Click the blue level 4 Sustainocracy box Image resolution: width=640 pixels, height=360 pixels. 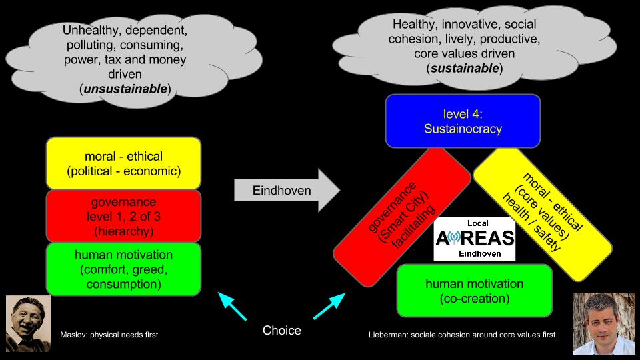pyautogui.click(x=463, y=121)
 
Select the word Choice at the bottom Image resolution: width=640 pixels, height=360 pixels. pyautogui.click(x=281, y=331)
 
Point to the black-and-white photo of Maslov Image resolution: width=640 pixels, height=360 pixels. pyautogui.click(x=28, y=324)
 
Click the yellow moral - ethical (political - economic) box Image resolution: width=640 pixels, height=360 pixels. pyautogui.click(x=124, y=163)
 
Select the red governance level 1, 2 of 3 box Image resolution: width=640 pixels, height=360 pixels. pyautogui.click(x=124, y=217)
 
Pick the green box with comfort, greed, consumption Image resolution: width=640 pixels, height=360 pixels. pyautogui.click(x=124, y=269)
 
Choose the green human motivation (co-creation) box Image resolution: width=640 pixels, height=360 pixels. pyautogui.click(x=475, y=291)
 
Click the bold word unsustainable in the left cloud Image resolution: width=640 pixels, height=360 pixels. pyautogui.click(x=123, y=89)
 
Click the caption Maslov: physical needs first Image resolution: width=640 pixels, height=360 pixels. pyautogui.click(x=109, y=334)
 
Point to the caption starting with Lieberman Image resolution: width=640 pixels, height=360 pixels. pyautogui.click(x=461, y=334)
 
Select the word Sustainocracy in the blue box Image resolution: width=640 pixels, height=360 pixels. pyautogui.click(x=463, y=129)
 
